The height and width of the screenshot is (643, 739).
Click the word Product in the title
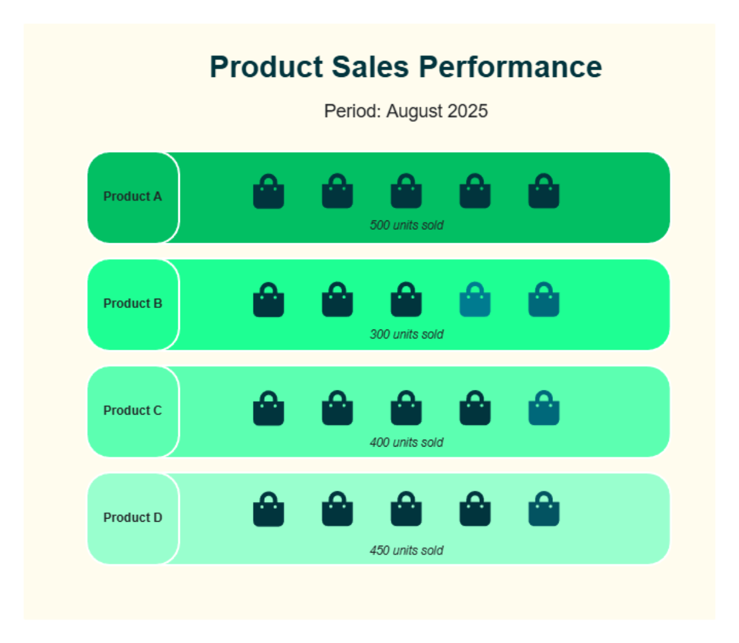click(x=266, y=67)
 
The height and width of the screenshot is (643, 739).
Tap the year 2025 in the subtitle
click(x=467, y=111)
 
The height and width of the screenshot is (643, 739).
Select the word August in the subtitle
click(x=414, y=111)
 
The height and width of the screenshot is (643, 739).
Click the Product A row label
click(x=132, y=196)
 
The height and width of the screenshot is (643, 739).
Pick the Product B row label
click(x=132, y=304)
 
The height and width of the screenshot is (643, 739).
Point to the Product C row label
click(x=132, y=411)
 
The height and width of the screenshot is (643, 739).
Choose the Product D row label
click(x=132, y=518)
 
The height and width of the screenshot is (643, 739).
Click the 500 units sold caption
click(x=406, y=225)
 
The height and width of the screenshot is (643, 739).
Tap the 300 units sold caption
click(x=406, y=334)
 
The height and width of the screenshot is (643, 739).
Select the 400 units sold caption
click(x=406, y=442)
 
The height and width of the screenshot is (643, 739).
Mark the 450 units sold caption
click(x=406, y=551)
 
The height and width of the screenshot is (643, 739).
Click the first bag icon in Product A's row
click(x=269, y=192)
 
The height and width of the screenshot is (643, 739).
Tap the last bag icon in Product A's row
click(x=544, y=192)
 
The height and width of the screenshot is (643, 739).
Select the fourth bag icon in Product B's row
click(x=475, y=301)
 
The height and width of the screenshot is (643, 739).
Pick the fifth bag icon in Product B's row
click(x=544, y=301)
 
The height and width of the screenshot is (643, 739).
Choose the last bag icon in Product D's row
click(x=544, y=510)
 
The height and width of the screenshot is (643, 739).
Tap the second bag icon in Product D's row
click(x=337, y=510)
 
